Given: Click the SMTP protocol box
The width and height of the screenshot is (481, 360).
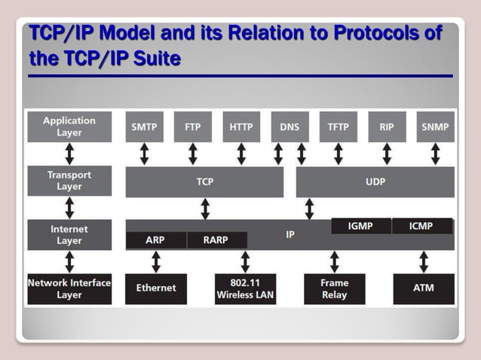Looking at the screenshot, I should (144, 127).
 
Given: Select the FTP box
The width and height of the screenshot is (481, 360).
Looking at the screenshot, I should (192, 127).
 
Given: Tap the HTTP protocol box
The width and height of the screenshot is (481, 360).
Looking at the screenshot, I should (241, 127).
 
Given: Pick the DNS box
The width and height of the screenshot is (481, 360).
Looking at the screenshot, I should (290, 127).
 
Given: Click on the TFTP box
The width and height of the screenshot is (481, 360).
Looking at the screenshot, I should (338, 127).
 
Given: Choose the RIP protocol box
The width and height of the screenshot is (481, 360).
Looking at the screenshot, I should (387, 127).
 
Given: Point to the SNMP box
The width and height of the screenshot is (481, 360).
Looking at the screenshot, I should (435, 127).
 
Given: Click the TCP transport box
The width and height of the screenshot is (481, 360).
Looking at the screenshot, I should (204, 182).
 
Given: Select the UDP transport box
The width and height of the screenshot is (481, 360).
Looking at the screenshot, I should (375, 182).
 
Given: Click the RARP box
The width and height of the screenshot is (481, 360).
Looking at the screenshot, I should (216, 241).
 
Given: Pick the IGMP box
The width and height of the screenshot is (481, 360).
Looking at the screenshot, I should (361, 226).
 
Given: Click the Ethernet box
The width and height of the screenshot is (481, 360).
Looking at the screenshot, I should (155, 288).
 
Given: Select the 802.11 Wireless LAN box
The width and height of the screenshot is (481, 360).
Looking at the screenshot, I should (245, 288).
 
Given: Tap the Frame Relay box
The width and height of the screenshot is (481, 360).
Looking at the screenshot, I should (334, 288).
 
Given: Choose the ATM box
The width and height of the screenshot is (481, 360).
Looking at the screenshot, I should (424, 288).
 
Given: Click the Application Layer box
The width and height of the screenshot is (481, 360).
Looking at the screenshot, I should (69, 127).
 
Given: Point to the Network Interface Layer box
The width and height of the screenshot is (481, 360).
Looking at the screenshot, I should (69, 288).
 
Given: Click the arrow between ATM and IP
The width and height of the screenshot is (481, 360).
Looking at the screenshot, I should (424, 262).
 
